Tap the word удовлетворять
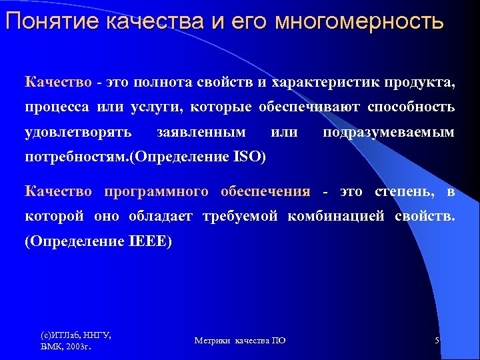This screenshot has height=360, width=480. (78, 132)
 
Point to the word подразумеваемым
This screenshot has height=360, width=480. (389, 132)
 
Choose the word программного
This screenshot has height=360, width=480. (157, 192)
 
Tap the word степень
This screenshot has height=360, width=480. (403, 192)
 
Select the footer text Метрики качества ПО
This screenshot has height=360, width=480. (240, 341)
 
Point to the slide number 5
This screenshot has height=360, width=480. (437, 341)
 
